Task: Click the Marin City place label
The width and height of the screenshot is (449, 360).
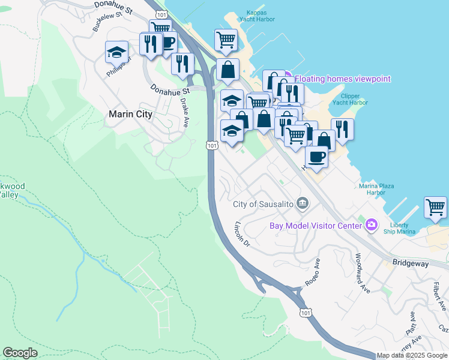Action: tap(130, 113)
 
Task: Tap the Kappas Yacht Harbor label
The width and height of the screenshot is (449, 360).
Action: tap(260, 16)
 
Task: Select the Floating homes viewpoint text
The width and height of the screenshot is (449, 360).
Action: tap(342, 79)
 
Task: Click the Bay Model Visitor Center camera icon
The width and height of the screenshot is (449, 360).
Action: tap(372, 225)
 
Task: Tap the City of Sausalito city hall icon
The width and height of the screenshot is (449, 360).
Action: tap(303, 204)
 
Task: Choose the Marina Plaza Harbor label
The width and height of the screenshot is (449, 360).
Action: tap(376, 190)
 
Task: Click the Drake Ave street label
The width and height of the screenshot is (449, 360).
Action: tap(184, 112)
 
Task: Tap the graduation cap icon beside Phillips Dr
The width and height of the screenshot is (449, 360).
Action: tap(116, 52)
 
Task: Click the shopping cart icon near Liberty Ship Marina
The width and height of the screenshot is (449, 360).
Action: tap(435, 207)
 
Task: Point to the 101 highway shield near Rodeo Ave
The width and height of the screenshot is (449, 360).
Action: tap(306, 313)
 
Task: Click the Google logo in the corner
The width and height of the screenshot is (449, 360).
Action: tap(20, 353)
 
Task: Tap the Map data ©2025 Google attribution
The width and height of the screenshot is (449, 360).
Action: tap(412, 355)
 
